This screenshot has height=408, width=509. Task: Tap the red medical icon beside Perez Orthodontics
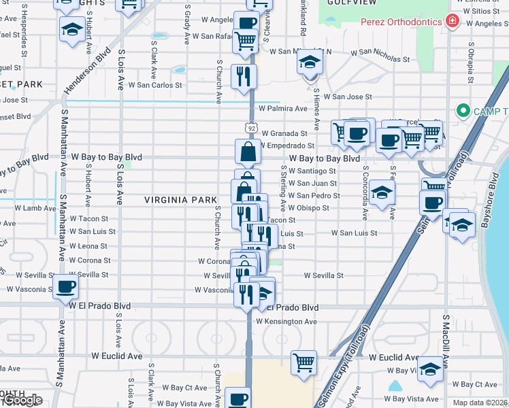coord(451,22)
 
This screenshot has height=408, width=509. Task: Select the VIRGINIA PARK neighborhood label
coord(173,200)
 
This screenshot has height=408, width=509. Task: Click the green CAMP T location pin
coord(463,110)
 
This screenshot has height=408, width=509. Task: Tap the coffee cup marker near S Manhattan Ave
coord(65,287)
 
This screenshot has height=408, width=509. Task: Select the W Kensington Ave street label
coord(287,321)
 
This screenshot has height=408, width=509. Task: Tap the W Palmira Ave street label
coord(283,108)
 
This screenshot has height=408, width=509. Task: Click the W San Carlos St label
coord(156,86)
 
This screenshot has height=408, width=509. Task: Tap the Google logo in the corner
coord(21,401)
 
